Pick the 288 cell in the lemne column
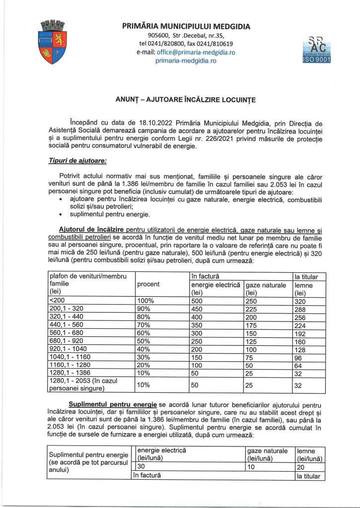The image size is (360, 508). click(x=300, y=308)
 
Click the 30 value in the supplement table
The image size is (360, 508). click(x=141, y=466)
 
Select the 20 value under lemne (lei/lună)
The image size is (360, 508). click(x=300, y=466)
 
